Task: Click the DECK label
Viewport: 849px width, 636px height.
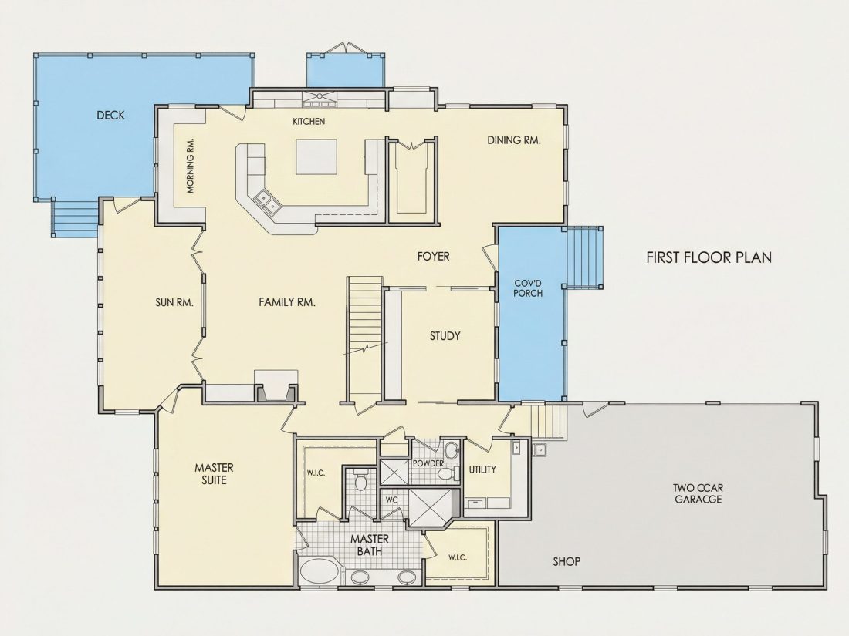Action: (x=110, y=115)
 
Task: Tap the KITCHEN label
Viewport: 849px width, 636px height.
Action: (x=309, y=122)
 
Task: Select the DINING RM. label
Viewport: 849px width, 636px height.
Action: (x=514, y=140)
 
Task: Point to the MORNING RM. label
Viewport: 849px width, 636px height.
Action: (x=191, y=166)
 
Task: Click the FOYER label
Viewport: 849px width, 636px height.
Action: (x=433, y=257)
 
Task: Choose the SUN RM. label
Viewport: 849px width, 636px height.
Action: (x=174, y=302)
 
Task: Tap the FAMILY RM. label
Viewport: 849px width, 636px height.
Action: (x=287, y=302)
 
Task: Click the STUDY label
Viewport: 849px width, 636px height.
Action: (x=445, y=336)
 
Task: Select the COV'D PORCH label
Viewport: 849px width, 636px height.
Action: (x=529, y=288)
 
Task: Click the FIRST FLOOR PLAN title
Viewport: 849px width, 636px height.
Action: (x=709, y=257)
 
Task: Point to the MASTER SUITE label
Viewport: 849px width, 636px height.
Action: (x=215, y=474)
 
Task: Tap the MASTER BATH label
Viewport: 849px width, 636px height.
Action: (x=370, y=545)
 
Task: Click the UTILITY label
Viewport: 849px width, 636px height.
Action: (x=482, y=469)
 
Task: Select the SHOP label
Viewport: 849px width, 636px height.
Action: (x=567, y=562)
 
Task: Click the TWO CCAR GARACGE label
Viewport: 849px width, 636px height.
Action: (x=698, y=493)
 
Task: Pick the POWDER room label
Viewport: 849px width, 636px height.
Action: (x=428, y=463)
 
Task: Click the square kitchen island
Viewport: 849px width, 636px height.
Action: (x=316, y=156)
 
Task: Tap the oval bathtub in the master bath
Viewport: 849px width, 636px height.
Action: (x=320, y=572)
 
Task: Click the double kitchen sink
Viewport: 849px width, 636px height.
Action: (x=267, y=201)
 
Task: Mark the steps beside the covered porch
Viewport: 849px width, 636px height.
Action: (x=583, y=257)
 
